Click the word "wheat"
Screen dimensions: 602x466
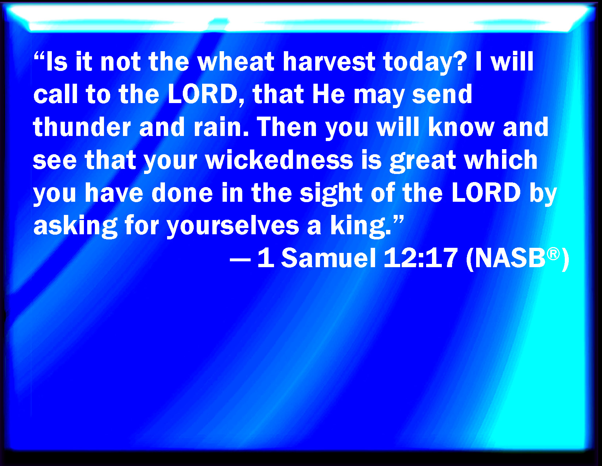pos(235,62)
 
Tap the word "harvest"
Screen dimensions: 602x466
pos(329,62)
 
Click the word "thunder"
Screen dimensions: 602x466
pos(81,127)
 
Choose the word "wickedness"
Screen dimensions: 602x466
pos(279,160)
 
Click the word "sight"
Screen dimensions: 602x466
pos(331,193)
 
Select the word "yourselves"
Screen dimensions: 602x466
pos(233,227)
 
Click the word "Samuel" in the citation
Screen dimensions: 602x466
pos(329,258)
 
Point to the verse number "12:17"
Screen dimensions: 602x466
pos(421,258)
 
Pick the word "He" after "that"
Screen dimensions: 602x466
pos(328,95)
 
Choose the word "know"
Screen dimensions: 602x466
pos(461,127)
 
